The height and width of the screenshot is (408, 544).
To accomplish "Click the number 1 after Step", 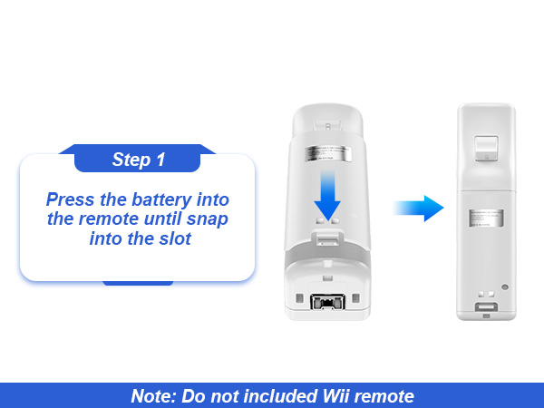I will pyautogui.click(x=160, y=160).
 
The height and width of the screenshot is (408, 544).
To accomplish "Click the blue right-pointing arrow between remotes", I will pyautogui.click(x=418, y=209).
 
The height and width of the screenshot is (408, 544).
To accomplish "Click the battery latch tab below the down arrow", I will pyautogui.click(x=329, y=238).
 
